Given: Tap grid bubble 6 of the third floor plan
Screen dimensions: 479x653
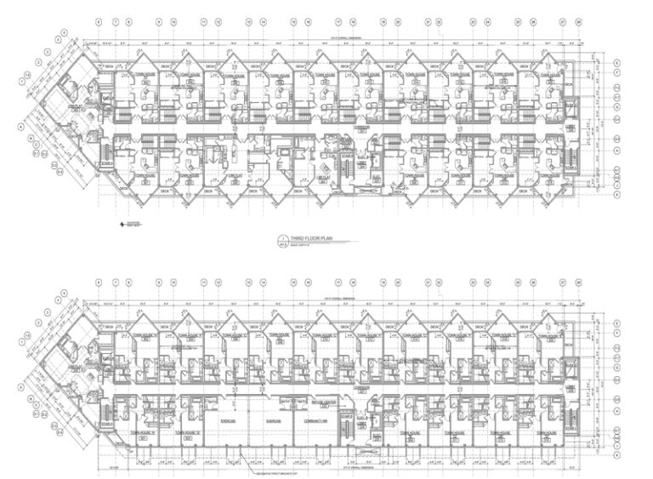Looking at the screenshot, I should (99, 20).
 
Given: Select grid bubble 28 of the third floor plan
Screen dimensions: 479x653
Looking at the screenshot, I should (577, 20).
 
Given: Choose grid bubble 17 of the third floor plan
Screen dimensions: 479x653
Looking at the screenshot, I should (338, 20).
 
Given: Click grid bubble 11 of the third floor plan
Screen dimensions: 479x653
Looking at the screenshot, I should (203, 20).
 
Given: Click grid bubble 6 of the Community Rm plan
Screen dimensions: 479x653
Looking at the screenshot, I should (99, 282).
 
